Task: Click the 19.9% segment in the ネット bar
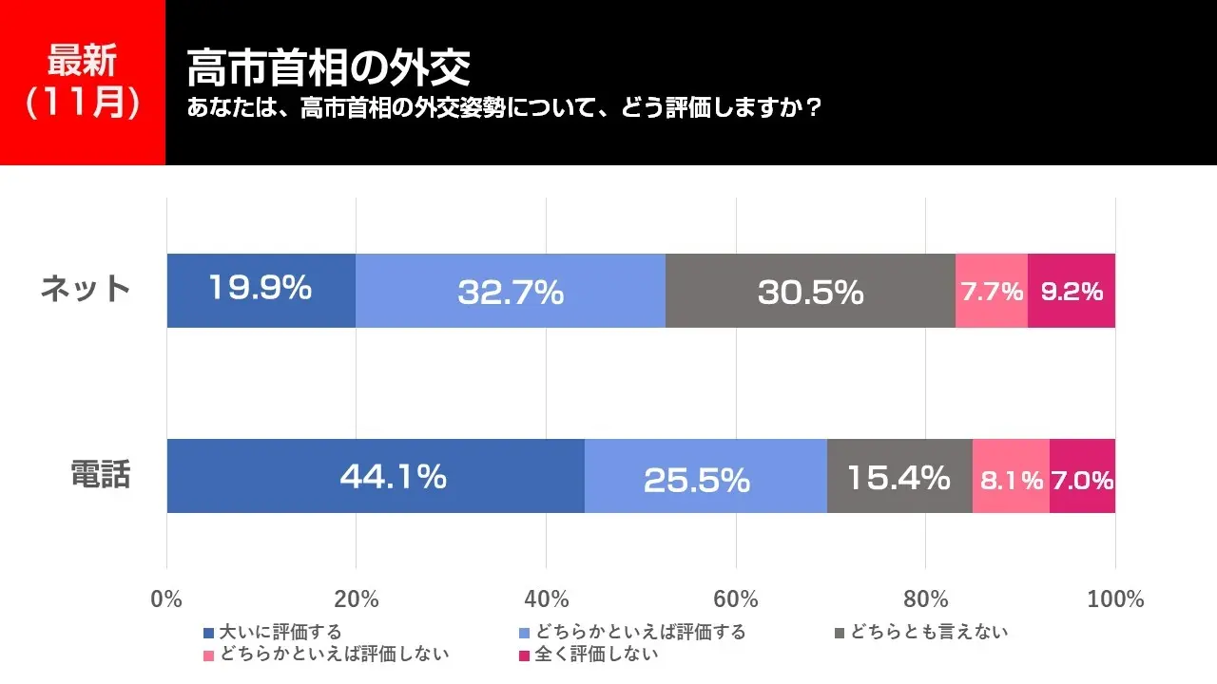coord(261,290)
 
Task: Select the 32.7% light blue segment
coord(511,291)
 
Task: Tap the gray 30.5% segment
coord(810,291)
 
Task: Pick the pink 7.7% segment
coord(992,291)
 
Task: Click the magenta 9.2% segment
coord(1072,291)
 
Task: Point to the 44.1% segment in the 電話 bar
coord(376,476)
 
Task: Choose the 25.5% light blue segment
coord(705,476)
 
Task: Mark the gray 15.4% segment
coord(899,476)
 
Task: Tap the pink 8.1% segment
coord(1011,476)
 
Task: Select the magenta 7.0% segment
coord(1082,476)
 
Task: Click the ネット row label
coord(86,288)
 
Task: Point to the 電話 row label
coord(101,474)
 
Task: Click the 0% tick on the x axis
coord(166,599)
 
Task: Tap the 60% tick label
coord(736,599)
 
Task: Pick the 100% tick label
coord(1115,599)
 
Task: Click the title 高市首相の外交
coord(329,67)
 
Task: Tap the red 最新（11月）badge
coord(83,82)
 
